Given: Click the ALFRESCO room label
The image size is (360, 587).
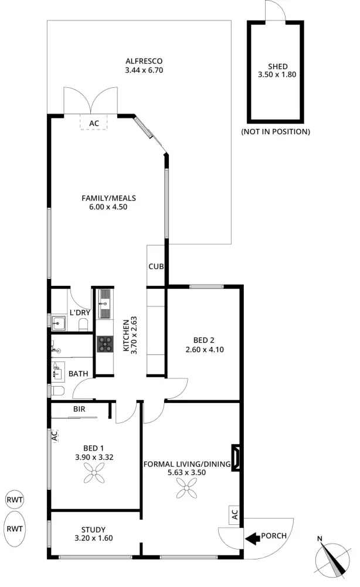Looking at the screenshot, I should (x=143, y=61).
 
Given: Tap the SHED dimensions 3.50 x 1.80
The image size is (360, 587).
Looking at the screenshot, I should (x=274, y=75).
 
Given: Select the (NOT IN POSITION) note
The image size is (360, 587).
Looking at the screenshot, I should (x=275, y=132).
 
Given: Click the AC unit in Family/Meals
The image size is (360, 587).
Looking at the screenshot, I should (x=94, y=123).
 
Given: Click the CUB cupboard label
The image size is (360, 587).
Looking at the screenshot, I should (x=155, y=267).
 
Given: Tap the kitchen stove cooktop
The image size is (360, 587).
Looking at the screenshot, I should (x=104, y=344).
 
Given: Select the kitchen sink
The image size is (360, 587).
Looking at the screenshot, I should (x=104, y=304).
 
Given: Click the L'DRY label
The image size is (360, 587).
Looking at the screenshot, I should (x=79, y=312).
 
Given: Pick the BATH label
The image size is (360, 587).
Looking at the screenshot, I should (x=78, y=373).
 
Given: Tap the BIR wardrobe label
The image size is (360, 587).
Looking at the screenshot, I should (x=80, y=409).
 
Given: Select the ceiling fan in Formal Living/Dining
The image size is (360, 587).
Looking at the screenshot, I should (x=188, y=486).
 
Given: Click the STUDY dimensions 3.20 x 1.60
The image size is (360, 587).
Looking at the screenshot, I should (x=94, y=538).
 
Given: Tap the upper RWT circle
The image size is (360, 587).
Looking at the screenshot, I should (x=15, y=500).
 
